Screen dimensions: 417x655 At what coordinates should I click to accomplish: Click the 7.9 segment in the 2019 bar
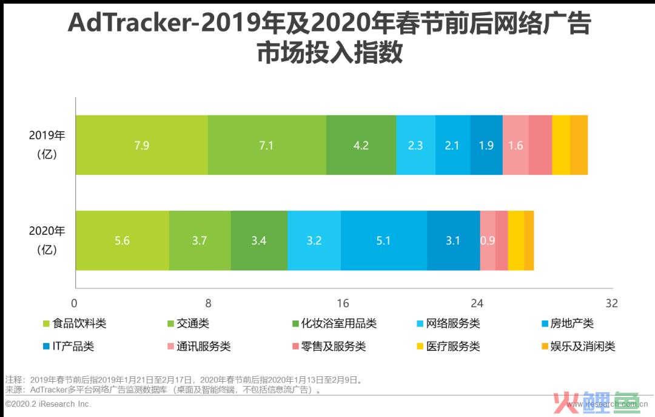click(141, 145)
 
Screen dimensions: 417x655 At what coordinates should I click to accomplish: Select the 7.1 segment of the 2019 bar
click(266, 145)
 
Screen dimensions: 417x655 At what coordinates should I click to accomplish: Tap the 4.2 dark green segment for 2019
click(361, 145)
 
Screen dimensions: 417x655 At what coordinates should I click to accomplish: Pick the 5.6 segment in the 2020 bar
click(122, 240)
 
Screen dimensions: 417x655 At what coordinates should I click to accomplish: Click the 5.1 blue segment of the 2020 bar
click(383, 240)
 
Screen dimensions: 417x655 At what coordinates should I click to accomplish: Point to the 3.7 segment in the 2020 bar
click(200, 240)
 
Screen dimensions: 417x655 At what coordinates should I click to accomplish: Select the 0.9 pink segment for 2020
click(488, 240)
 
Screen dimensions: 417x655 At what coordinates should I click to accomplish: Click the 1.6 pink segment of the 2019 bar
click(516, 145)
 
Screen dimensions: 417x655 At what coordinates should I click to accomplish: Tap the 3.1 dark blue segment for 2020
click(453, 240)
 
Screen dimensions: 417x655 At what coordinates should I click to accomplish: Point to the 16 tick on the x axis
click(343, 303)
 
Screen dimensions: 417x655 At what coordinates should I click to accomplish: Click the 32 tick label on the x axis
click(611, 303)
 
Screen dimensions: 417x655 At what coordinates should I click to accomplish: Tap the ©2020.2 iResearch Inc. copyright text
click(49, 404)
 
